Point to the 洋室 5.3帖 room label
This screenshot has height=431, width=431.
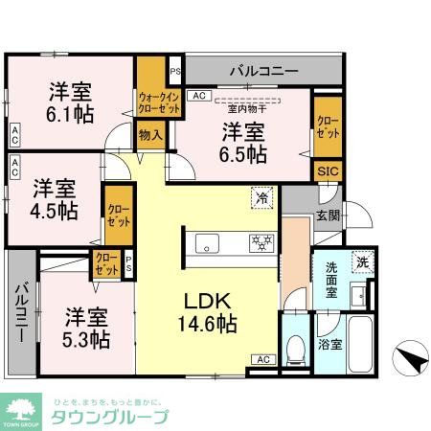pos(85,326)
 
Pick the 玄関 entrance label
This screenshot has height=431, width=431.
pos(327,215)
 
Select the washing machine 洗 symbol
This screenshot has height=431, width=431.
pos(362,261)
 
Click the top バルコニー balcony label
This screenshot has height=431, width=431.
pos(262,71)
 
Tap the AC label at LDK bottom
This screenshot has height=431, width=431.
pos(261,359)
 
